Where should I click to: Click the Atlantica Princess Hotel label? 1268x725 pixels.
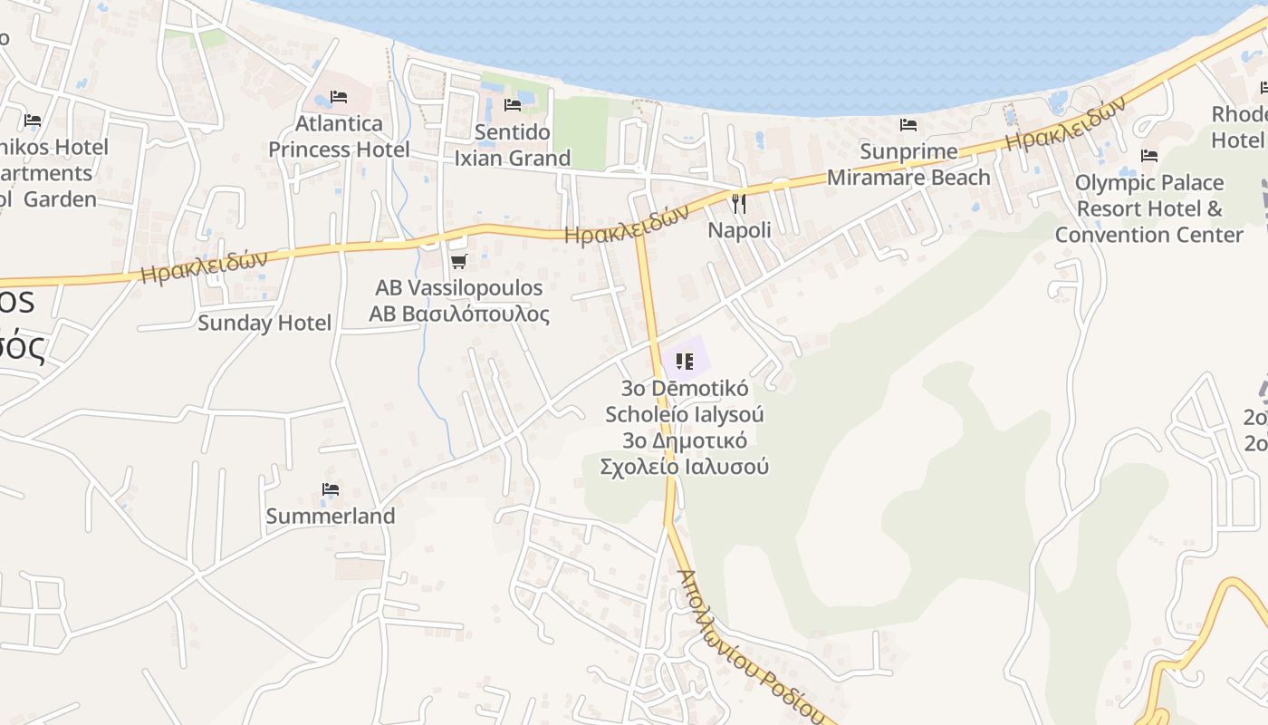pos(339,136)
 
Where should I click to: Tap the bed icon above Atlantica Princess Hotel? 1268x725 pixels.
pos(339,96)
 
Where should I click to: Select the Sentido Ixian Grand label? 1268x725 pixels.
pos(513,145)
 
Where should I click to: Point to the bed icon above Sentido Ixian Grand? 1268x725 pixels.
pos(513,105)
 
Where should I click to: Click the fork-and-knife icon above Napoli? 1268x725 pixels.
pos(739,203)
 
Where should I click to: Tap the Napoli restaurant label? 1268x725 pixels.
pos(739,230)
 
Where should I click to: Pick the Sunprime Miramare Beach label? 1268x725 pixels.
pos(908,164)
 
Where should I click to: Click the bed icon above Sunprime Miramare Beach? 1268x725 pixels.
pos(908,125)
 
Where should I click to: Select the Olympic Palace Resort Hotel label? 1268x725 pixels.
pos(1148,208)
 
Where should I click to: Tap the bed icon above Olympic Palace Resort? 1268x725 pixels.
pos(1149,156)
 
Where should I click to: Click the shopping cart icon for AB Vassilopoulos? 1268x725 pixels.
pos(458,262)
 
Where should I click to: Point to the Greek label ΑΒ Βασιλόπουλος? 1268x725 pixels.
pos(459,314)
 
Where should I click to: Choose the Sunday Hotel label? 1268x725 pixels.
pos(264,323)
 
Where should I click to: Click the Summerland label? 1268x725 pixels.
pos(331,517)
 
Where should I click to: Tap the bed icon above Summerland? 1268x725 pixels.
pos(331,489)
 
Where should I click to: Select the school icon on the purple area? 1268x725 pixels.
pos(685,362)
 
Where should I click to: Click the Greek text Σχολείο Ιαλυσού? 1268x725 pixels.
pos(685,467)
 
